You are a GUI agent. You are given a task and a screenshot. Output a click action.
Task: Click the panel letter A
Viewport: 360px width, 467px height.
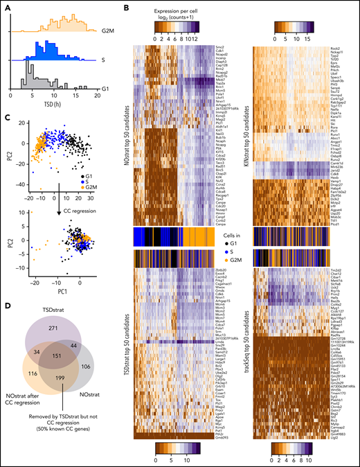(x=5, y=6)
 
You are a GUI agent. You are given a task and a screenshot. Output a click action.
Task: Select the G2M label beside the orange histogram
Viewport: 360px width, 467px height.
(x=105, y=31)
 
